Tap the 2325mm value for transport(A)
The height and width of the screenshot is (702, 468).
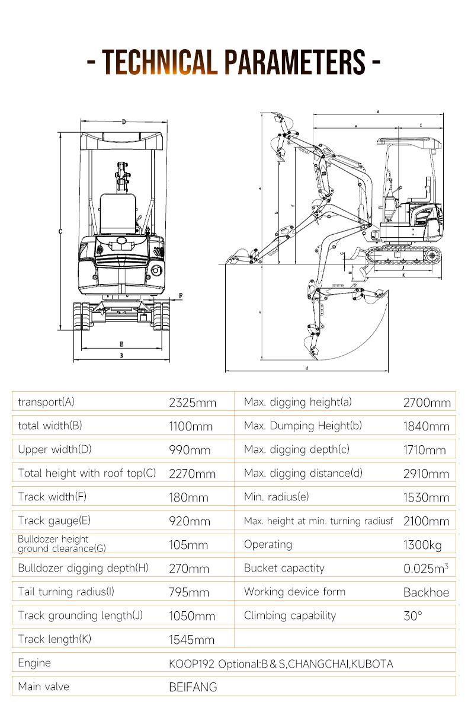(193, 403)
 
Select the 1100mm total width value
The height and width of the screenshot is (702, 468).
(190, 426)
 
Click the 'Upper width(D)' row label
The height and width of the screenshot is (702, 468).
(55, 449)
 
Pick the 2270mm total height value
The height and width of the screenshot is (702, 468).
(192, 474)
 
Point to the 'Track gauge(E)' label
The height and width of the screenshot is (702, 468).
(54, 521)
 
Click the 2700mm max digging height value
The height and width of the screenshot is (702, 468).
(427, 403)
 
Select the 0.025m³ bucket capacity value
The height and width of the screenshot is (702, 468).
(425, 569)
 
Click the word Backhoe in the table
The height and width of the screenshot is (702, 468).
(426, 592)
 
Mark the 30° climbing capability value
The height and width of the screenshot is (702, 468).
(413, 616)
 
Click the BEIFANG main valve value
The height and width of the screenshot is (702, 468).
(193, 687)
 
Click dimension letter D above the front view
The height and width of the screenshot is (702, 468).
(123, 122)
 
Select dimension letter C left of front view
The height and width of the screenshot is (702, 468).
(60, 232)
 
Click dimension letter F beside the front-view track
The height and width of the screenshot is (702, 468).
(181, 295)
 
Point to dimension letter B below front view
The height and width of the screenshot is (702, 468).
(121, 356)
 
